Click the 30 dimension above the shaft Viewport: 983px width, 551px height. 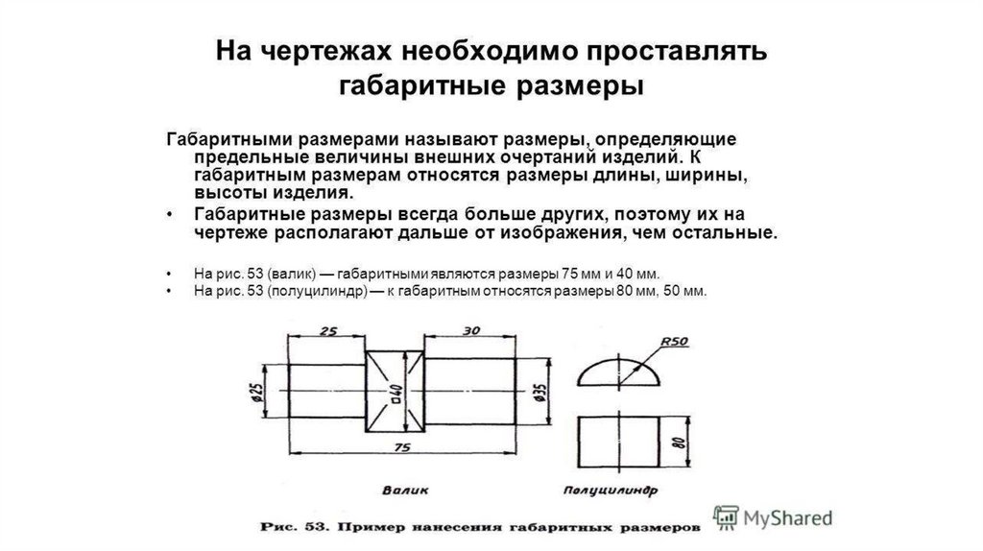pos(469,329)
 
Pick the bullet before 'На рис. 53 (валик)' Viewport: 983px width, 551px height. pos(169,273)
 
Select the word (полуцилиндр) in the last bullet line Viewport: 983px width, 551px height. pos(320,291)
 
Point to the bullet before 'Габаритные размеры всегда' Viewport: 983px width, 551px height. pos(169,214)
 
